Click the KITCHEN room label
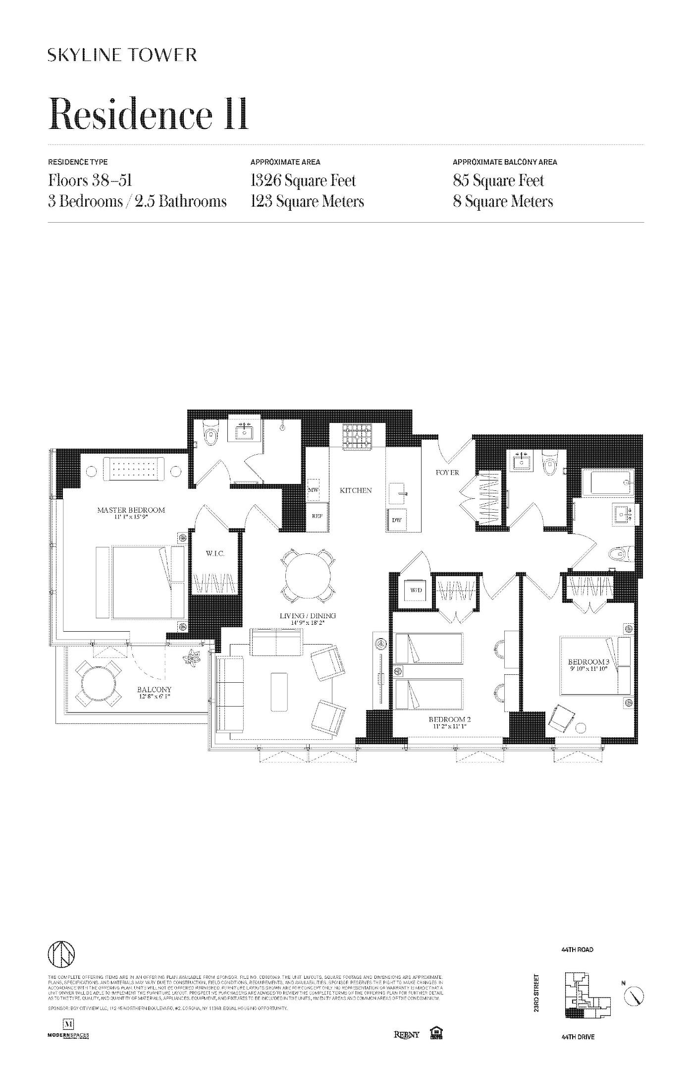click(x=355, y=490)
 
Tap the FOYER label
click(x=447, y=473)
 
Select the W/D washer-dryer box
click(x=416, y=591)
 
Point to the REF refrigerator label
click(x=317, y=516)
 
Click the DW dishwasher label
click(x=396, y=520)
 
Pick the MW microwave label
click(x=313, y=489)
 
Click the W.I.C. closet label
click(x=215, y=553)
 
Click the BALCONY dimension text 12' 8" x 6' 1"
click(x=154, y=697)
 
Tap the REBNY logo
click(x=406, y=1034)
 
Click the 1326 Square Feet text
click(x=303, y=180)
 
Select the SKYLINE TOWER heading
click(x=122, y=55)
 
